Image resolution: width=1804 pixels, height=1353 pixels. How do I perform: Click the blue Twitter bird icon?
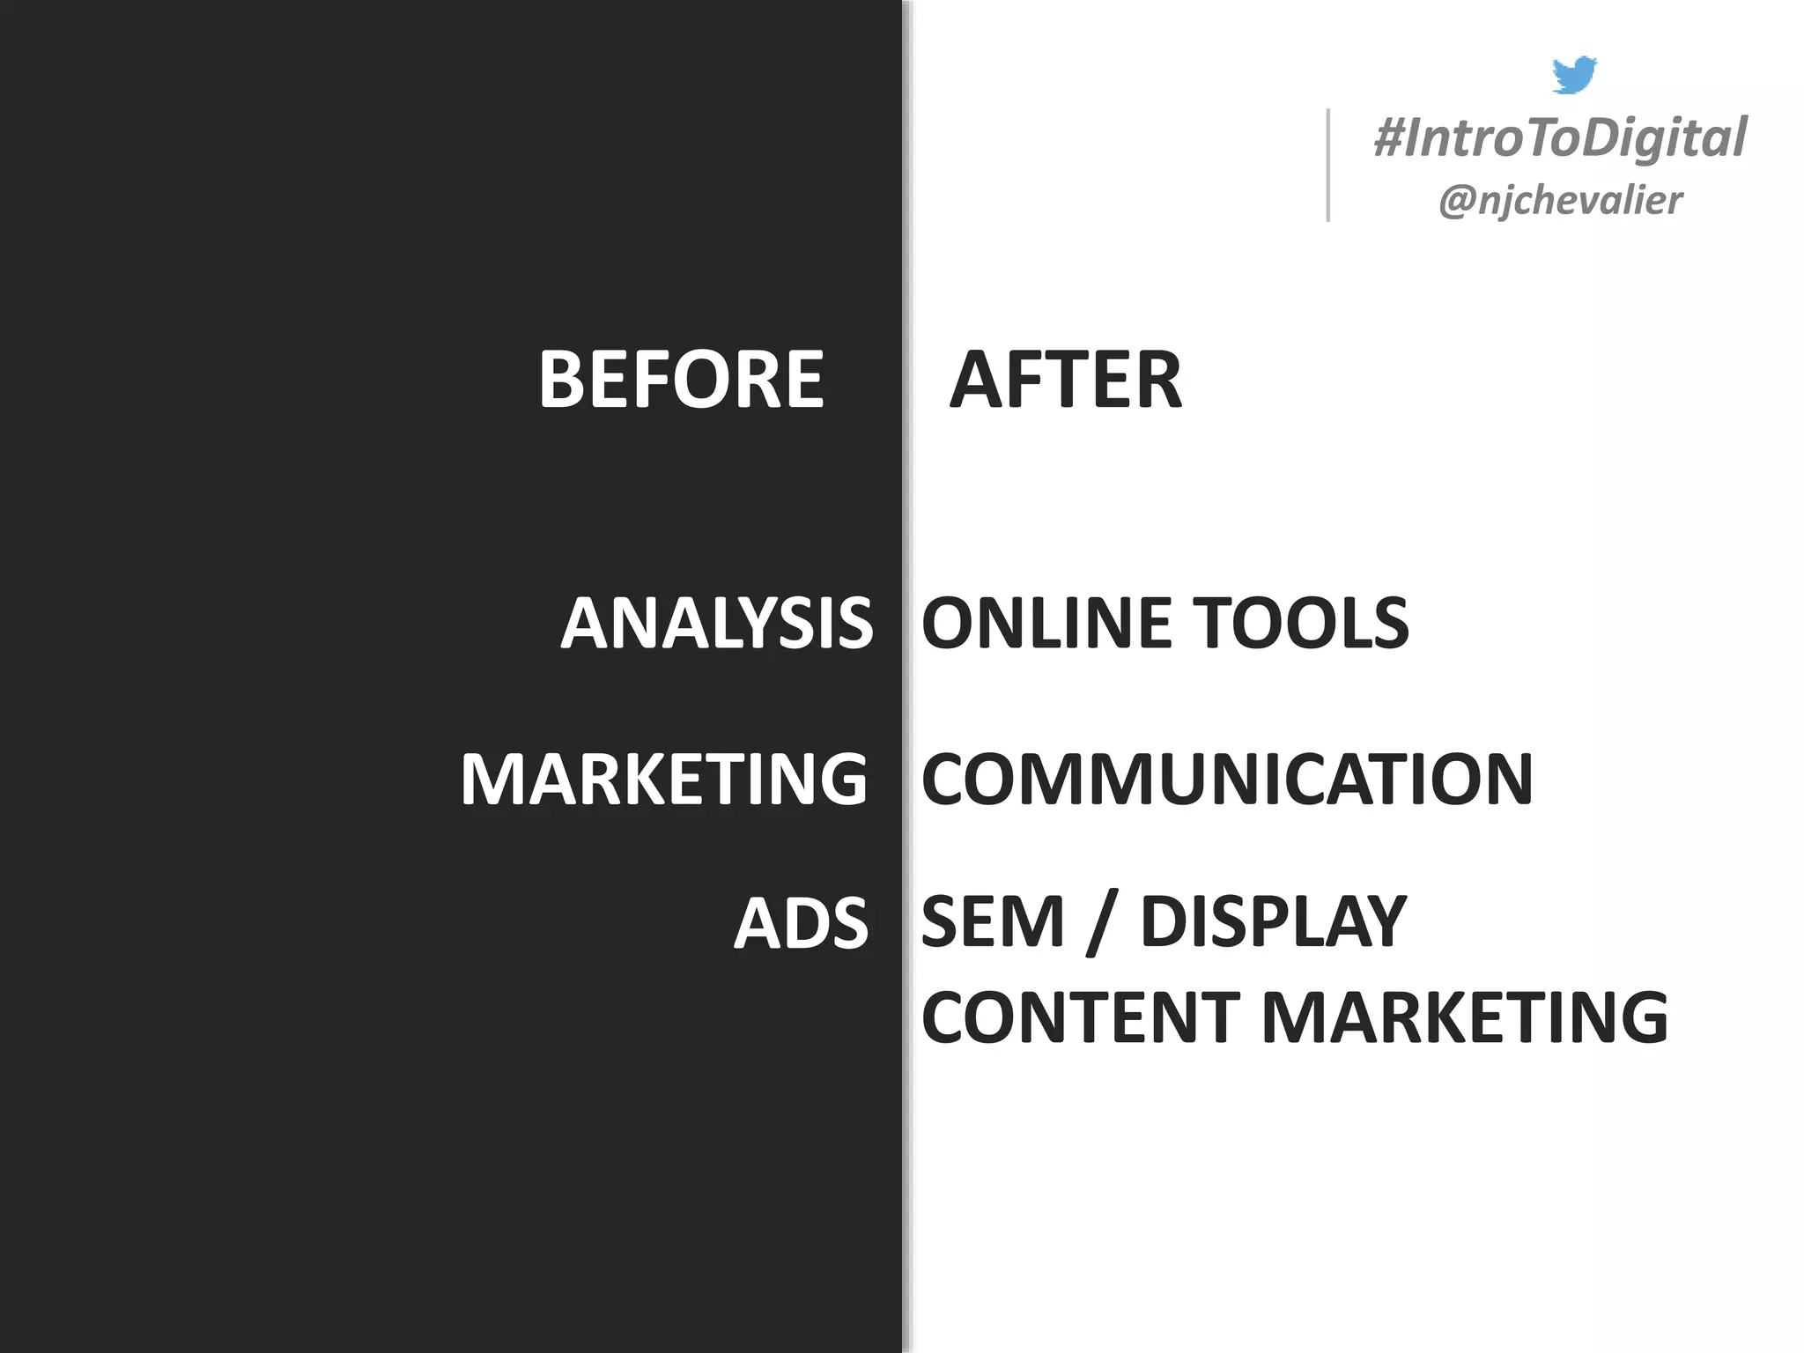coord(1574,75)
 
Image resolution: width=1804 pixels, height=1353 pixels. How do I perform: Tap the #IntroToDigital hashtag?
coord(1560,138)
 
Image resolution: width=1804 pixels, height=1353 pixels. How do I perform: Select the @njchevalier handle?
coord(1560,200)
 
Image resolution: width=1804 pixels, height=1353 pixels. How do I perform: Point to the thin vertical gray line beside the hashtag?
coord(1328,165)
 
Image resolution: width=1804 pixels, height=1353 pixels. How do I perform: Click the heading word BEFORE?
coord(681,380)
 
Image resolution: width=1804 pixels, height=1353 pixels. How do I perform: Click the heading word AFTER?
coord(1066,380)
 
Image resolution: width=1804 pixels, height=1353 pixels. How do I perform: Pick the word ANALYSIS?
coord(717,624)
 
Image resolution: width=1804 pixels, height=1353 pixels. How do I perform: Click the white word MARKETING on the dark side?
coord(664,780)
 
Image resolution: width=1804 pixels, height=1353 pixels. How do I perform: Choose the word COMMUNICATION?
coord(1227,780)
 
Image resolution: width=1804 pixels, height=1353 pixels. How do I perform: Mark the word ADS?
coord(802,924)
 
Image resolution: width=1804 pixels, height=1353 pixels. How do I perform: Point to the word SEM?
coord(993,922)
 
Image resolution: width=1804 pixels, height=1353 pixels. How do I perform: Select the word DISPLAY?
coord(1274,922)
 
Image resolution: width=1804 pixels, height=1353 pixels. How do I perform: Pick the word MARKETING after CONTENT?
coord(1465,1017)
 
